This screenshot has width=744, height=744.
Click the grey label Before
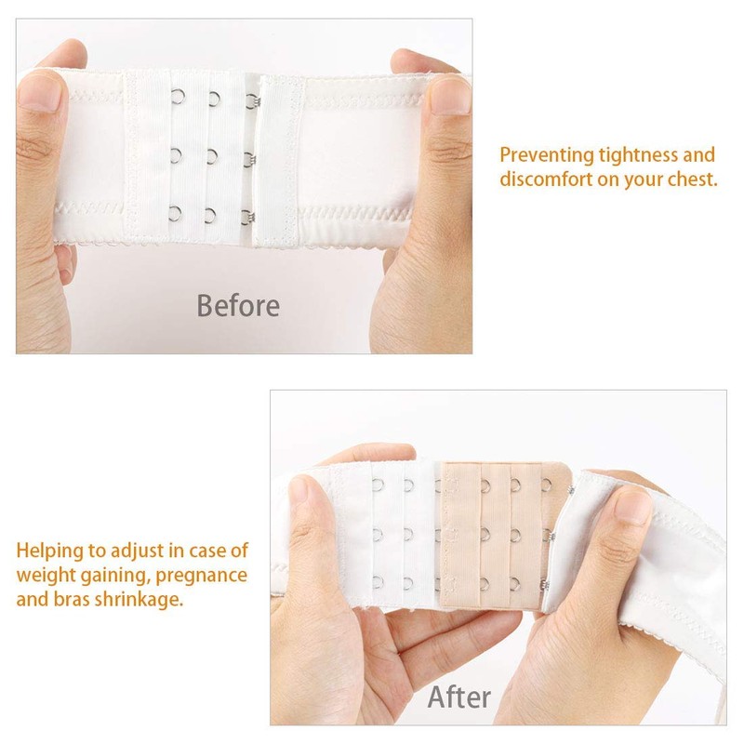tap(237, 305)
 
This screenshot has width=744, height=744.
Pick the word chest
tap(694, 179)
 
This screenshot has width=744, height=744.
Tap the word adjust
tap(136, 550)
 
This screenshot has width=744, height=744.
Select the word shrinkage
tap(138, 598)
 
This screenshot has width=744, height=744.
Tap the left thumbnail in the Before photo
tap(38, 93)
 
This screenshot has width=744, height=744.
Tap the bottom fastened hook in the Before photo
tap(247, 217)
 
